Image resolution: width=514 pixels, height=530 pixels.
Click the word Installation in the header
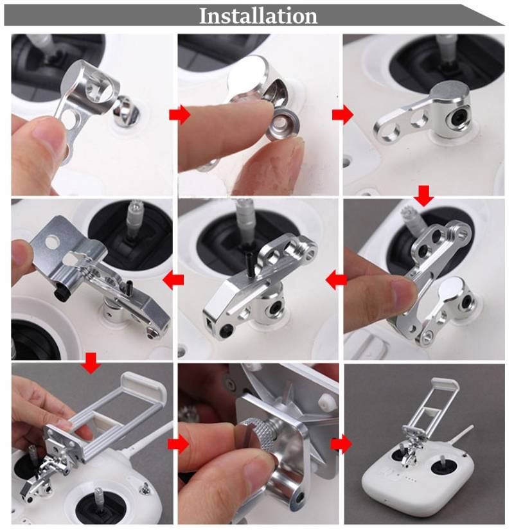(258, 16)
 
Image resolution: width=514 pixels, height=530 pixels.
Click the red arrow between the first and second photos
(180, 115)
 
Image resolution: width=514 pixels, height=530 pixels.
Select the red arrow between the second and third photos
(343, 115)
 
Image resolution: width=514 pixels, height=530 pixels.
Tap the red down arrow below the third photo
(423, 196)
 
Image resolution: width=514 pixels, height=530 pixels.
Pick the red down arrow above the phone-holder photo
(91, 363)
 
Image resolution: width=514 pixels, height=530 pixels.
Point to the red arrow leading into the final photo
(342, 444)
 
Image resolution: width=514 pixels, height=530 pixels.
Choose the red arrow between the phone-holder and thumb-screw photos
(179, 444)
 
